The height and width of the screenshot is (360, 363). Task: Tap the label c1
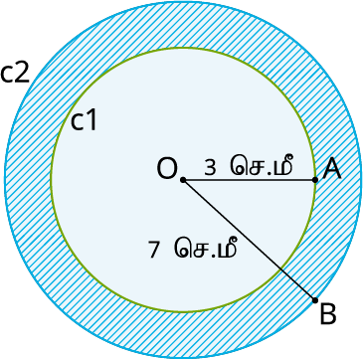(84, 121)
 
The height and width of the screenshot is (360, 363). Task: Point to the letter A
(333, 169)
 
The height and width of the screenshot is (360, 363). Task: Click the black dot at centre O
(183, 180)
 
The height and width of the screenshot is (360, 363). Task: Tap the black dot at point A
(315, 180)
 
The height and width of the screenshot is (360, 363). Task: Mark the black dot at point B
(315, 299)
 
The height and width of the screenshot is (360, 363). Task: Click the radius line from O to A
(249, 180)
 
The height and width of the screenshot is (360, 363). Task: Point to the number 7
(154, 250)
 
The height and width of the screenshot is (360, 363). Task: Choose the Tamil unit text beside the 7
(207, 249)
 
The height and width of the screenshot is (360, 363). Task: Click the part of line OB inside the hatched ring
(298, 284)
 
